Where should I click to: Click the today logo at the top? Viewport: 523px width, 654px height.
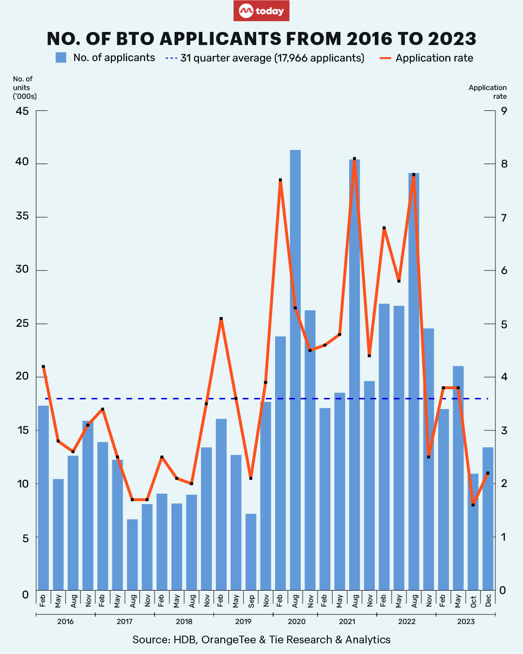tap(261, 11)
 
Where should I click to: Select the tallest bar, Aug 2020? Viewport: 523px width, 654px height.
tap(295, 368)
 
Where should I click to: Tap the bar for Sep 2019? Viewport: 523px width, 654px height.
tap(251, 552)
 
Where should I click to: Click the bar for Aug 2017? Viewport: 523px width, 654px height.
tap(132, 554)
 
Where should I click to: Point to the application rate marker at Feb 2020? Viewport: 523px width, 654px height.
tap(280, 180)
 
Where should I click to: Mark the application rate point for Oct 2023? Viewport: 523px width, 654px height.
tap(473, 505)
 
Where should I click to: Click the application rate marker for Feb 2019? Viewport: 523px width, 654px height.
tap(221, 319)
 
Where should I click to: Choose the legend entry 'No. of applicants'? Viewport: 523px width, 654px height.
tap(106, 58)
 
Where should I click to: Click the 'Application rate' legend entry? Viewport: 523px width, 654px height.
tap(427, 58)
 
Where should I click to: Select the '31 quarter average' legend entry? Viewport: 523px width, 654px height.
tap(265, 58)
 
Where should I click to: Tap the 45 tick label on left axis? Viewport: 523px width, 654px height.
tap(22, 111)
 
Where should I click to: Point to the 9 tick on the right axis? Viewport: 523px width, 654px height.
tap(504, 111)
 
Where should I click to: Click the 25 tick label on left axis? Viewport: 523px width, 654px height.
tap(22, 323)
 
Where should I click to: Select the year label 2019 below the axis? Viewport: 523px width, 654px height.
tap(243, 622)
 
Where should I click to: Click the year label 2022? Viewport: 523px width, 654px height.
tap(407, 622)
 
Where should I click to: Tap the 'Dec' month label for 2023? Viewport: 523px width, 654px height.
tap(488, 601)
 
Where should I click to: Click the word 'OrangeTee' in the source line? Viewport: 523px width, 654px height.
tap(228, 639)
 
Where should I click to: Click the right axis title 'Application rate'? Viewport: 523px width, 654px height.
tap(488, 92)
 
